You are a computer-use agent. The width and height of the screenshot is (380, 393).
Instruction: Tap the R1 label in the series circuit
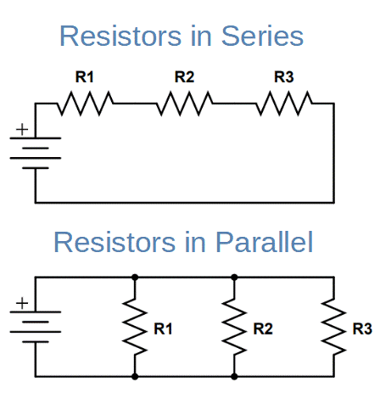[x=85, y=77]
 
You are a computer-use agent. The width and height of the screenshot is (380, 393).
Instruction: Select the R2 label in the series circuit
[x=184, y=77]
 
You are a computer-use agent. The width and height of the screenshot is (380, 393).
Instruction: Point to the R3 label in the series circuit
[x=284, y=77]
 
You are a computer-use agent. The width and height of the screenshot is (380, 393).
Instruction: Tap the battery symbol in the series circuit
[x=35, y=153]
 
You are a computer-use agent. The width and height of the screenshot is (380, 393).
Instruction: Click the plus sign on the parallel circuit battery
[x=22, y=303]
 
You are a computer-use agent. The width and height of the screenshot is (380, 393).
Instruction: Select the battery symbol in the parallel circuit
[x=35, y=326]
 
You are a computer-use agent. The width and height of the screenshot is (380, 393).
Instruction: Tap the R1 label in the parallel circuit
[x=163, y=328]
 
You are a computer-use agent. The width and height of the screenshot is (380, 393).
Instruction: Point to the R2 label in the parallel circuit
[x=262, y=328]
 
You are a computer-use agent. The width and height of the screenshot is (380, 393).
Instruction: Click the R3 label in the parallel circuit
[x=361, y=328]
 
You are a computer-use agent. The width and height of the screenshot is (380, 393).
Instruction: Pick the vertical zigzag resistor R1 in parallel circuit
[x=134, y=327]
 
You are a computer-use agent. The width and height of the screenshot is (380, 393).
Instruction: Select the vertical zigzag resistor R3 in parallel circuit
[x=332, y=327]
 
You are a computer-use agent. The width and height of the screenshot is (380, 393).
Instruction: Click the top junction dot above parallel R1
[x=134, y=277]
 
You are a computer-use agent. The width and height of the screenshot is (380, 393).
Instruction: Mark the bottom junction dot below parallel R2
[x=233, y=376]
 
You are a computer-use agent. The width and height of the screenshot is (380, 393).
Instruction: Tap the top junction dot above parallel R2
[x=233, y=277]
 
